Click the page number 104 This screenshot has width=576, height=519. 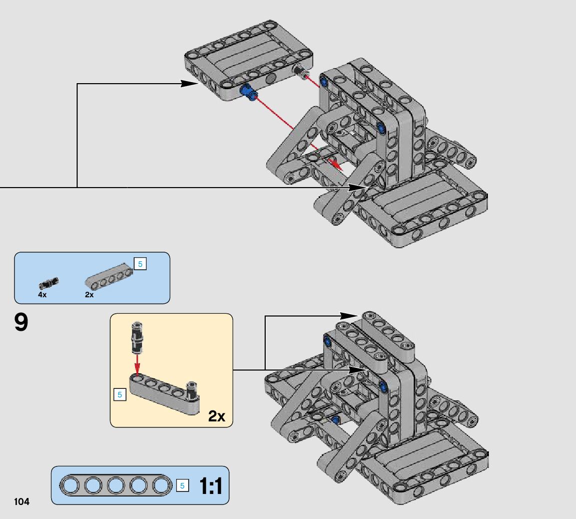pos(22,501)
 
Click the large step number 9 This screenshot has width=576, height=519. pos(22,322)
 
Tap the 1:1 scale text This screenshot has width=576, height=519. pos(211,486)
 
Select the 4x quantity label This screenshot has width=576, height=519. pos(42,295)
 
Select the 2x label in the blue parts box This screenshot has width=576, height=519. pos(89,295)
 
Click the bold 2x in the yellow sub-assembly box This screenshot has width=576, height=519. pos(217,416)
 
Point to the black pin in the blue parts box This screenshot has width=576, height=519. pos(48,283)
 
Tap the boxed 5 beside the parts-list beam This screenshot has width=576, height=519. pos(140,264)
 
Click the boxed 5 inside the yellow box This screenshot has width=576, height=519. pos(120,395)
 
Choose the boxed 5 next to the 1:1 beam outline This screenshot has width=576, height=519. pos(182,486)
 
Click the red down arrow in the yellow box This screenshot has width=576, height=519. pos(137,364)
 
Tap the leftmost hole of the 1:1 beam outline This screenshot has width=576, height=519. pos(70,485)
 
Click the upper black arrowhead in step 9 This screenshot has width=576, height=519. pos(349,316)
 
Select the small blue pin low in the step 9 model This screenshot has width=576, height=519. pos(335,420)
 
